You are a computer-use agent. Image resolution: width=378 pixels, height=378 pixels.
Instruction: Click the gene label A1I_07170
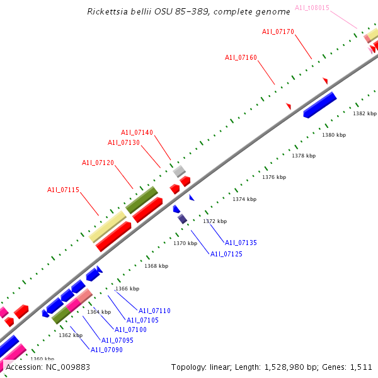tap(278, 31)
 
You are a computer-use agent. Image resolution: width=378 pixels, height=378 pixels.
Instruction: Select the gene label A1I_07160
tap(241, 57)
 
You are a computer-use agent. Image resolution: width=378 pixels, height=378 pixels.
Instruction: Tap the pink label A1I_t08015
tap(312, 8)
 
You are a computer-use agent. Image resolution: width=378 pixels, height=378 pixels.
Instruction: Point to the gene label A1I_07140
tap(137, 132)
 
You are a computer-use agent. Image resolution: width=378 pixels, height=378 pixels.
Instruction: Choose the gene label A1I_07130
tap(123, 142)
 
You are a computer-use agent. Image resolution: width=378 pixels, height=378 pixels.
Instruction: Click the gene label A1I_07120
tap(98, 163)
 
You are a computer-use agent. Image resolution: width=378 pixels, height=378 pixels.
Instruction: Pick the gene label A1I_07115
tap(63, 190)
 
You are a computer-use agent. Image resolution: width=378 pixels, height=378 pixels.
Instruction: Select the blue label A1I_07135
tap(241, 243)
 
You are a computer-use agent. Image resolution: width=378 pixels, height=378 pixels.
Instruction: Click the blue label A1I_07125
tap(226, 254)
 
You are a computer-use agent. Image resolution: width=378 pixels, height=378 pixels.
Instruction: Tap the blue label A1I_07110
tap(154, 311)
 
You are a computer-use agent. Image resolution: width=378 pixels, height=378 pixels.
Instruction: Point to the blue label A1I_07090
tap(106, 350)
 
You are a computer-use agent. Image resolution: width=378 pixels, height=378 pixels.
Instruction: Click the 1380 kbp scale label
tap(334, 135)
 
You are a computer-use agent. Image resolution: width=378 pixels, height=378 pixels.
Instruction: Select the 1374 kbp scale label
tap(244, 199)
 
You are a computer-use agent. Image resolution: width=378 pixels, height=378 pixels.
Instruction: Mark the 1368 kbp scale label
tap(156, 266)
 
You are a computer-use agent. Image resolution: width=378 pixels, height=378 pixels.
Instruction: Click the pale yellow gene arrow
tap(108, 227)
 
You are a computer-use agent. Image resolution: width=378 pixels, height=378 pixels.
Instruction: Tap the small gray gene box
tap(180, 171)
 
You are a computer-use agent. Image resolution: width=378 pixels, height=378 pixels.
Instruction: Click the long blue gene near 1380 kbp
tap(320, 105)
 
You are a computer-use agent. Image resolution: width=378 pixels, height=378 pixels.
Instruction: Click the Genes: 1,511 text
tap(352, 367)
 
